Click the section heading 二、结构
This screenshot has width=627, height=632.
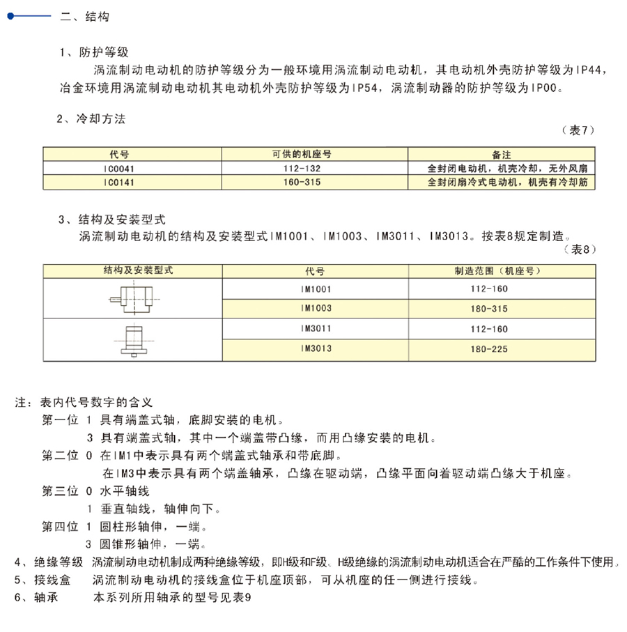click(x=85, y=17)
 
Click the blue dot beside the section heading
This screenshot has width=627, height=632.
click(x=10, y=17)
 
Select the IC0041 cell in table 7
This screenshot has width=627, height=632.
click(x=115, y=169)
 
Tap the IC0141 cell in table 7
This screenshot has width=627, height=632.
click(x=115, y=183)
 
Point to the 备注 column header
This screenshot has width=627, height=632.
click(x=502, y=154)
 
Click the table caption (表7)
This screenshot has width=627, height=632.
click(x=578, y=130)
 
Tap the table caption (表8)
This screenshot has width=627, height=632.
click(x=578, y=249)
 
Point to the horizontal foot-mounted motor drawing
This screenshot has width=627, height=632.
click(x=132, y=298)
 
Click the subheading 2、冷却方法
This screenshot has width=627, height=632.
click(x=91, y=119)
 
